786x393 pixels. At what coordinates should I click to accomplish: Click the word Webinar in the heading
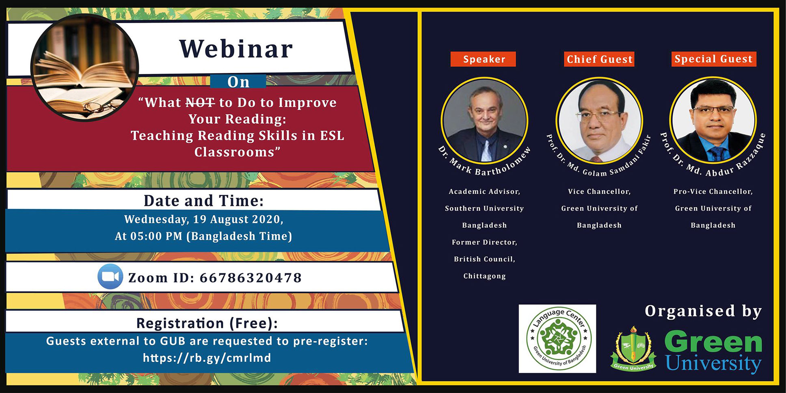point(236,49)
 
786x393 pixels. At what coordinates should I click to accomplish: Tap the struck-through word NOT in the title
point(200,103)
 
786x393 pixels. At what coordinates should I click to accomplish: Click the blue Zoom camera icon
point(110,276)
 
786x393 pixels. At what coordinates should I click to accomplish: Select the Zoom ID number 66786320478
point(250,278)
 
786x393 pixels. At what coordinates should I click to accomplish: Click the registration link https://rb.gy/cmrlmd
point(207,358)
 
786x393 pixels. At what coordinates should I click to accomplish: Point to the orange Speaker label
point(483,59)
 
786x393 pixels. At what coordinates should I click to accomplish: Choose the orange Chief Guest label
point(599,59)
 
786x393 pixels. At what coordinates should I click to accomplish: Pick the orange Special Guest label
point(713,59)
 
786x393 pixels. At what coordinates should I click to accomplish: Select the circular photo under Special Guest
point(713,120)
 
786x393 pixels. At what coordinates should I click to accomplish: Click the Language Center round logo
point(557,339)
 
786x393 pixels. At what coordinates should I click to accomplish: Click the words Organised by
point(703,311)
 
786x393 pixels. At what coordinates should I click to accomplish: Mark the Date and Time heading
point(203,201)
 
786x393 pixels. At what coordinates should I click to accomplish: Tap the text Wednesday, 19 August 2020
point(203,219)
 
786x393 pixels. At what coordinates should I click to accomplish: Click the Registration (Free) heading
point(207,323)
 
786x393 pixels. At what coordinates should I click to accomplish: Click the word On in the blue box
point(238,82)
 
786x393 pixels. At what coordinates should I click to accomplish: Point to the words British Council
point(484,259)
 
